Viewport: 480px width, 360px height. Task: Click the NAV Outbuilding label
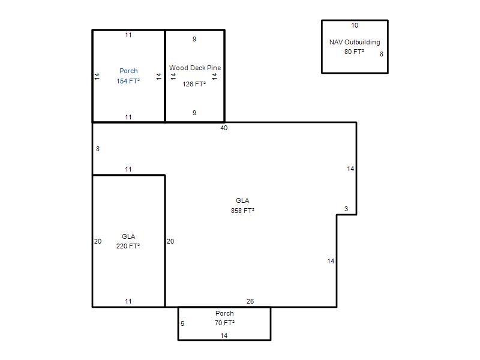pos(355,42)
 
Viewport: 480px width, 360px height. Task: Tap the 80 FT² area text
pos(354,52)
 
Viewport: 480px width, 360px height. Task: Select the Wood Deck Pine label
pos(195,68)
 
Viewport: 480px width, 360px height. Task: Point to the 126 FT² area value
pos(194,84)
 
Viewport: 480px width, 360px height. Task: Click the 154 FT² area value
pos(128,81)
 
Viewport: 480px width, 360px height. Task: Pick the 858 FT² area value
pos(242,211)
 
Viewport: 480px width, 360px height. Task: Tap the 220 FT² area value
pos(128,246)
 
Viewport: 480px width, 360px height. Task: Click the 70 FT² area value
pos(224,323)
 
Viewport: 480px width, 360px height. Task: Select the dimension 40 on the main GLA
pos(224,128)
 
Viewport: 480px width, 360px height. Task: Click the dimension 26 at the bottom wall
pos(250,301)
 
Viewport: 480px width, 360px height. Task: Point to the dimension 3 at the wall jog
pos(346,209)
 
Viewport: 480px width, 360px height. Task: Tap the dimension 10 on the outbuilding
pos(355,25)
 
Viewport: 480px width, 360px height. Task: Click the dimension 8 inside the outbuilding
pos(382,54)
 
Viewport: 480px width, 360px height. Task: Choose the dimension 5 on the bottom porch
pos(182,323)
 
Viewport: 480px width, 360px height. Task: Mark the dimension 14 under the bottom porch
pos(224,335)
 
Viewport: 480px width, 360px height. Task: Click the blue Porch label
pos(128,71)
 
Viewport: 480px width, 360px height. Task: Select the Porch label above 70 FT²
pos(224,313)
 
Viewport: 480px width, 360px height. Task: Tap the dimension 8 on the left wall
pos(98,149)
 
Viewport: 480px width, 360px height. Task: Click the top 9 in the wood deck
pos(194,39)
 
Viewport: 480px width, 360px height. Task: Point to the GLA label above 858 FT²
pos(242,200)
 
